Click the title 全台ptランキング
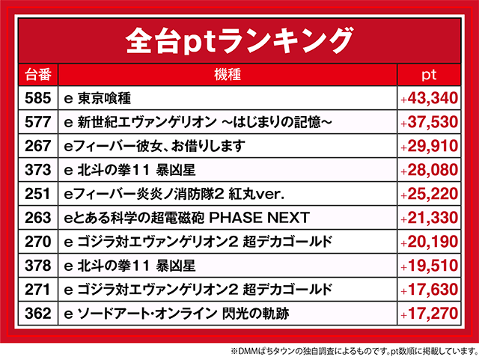pos(239,38)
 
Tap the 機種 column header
pos(227,74)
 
